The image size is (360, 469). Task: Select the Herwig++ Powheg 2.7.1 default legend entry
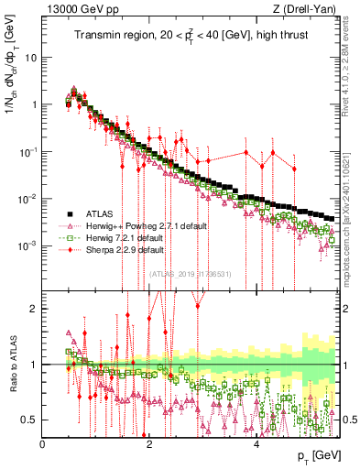coord(137,224)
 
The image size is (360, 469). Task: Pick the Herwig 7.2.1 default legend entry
coord(125,236)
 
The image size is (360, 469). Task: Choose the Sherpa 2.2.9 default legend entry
coord(125,249)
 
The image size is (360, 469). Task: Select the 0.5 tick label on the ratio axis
coord(29,420)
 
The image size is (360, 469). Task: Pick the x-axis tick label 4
coord(256,443)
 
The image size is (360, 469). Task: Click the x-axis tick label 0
coord(43,443)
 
